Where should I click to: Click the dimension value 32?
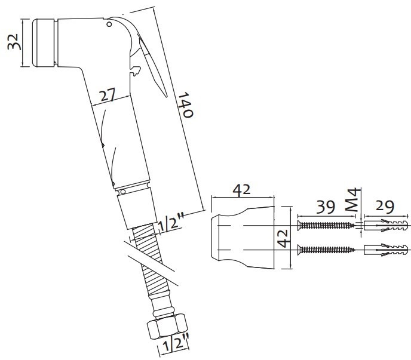point(13,42)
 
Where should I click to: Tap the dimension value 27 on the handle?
point(108,95)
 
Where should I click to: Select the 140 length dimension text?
point(186,105)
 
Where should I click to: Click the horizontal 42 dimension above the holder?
point(242,190)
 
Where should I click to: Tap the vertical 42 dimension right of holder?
point(284,238)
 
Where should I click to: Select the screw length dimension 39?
point(326,207)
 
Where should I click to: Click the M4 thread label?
point(352,199)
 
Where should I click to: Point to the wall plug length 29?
point(385,207)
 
